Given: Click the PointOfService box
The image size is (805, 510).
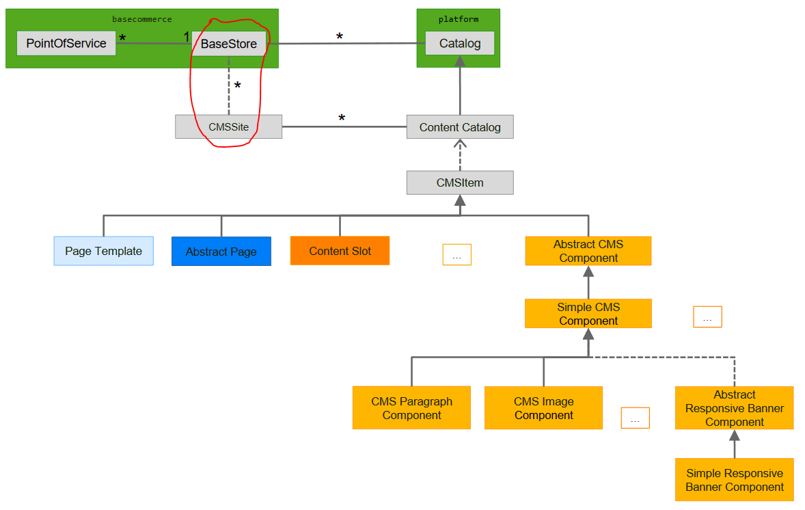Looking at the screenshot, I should point(66,43).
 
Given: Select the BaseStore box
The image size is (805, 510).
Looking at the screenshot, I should point(228,44).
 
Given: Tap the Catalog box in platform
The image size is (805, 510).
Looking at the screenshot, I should point(459,44).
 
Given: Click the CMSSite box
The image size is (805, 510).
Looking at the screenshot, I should point(228,126).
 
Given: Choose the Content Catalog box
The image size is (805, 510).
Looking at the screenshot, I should point(459,127).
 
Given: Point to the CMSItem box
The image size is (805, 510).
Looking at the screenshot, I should point(459,183).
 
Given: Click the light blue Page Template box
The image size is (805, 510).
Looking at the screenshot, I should point(103,251).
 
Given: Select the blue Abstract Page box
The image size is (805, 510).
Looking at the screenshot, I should point(221,252).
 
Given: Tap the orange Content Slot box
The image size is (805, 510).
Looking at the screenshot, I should point(340,251).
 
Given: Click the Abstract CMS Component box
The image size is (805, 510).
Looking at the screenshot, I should point(588,251).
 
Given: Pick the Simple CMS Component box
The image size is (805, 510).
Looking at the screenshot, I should point(588,314).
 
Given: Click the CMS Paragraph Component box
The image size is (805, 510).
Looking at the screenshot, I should point(411,408).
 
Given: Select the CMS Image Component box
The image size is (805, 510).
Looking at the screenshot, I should point(543,408).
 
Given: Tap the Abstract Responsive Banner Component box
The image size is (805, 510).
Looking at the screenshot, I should point(734,408).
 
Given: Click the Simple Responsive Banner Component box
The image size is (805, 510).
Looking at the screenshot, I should point(734,480).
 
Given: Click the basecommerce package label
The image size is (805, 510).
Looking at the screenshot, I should point(141,19).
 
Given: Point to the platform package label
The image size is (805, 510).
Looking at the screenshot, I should point(459,19).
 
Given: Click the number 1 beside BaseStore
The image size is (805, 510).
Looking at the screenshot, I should point(186,36).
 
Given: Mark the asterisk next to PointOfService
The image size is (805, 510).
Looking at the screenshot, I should point(122,38).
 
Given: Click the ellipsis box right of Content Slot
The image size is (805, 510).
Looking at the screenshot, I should point(456,254).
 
